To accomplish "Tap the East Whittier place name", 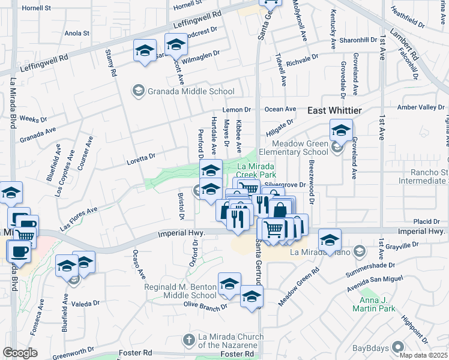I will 334,111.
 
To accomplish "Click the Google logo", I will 20,353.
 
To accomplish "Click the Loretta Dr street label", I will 141,158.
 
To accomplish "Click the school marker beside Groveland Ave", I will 341,130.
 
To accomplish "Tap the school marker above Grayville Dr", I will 329,239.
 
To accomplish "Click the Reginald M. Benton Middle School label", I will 180,291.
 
